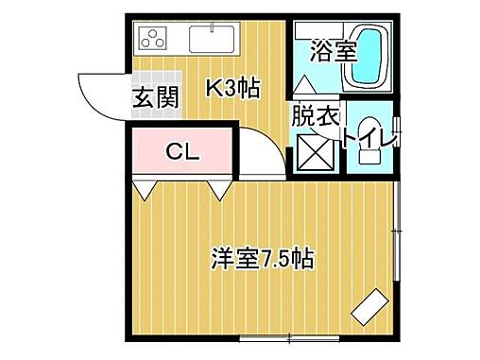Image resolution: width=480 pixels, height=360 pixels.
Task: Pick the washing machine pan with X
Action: click(x=315, y=150)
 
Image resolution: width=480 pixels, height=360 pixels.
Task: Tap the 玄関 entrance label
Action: click(x=154, y=95)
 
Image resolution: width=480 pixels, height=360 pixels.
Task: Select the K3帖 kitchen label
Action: click(x=232, y=88)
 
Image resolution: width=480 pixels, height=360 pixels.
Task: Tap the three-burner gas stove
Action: click(x=153, y=38)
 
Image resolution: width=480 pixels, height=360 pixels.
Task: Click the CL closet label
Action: click(x=183, y=151)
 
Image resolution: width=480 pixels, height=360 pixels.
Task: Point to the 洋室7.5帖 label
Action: click(x=263, y=257)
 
